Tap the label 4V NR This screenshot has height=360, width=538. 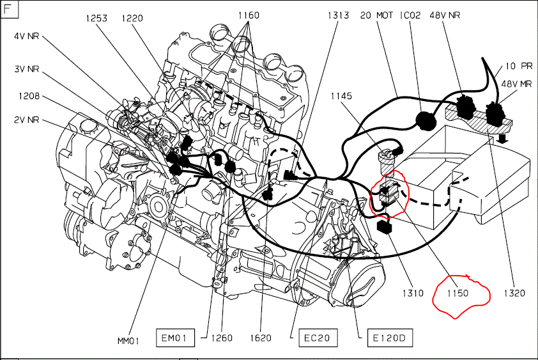click(x=26, y=36)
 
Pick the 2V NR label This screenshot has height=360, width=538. click(x=26, y=120)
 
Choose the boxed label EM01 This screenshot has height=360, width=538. click(x=174, y=338)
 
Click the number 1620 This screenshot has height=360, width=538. click(x=261, y=338)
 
